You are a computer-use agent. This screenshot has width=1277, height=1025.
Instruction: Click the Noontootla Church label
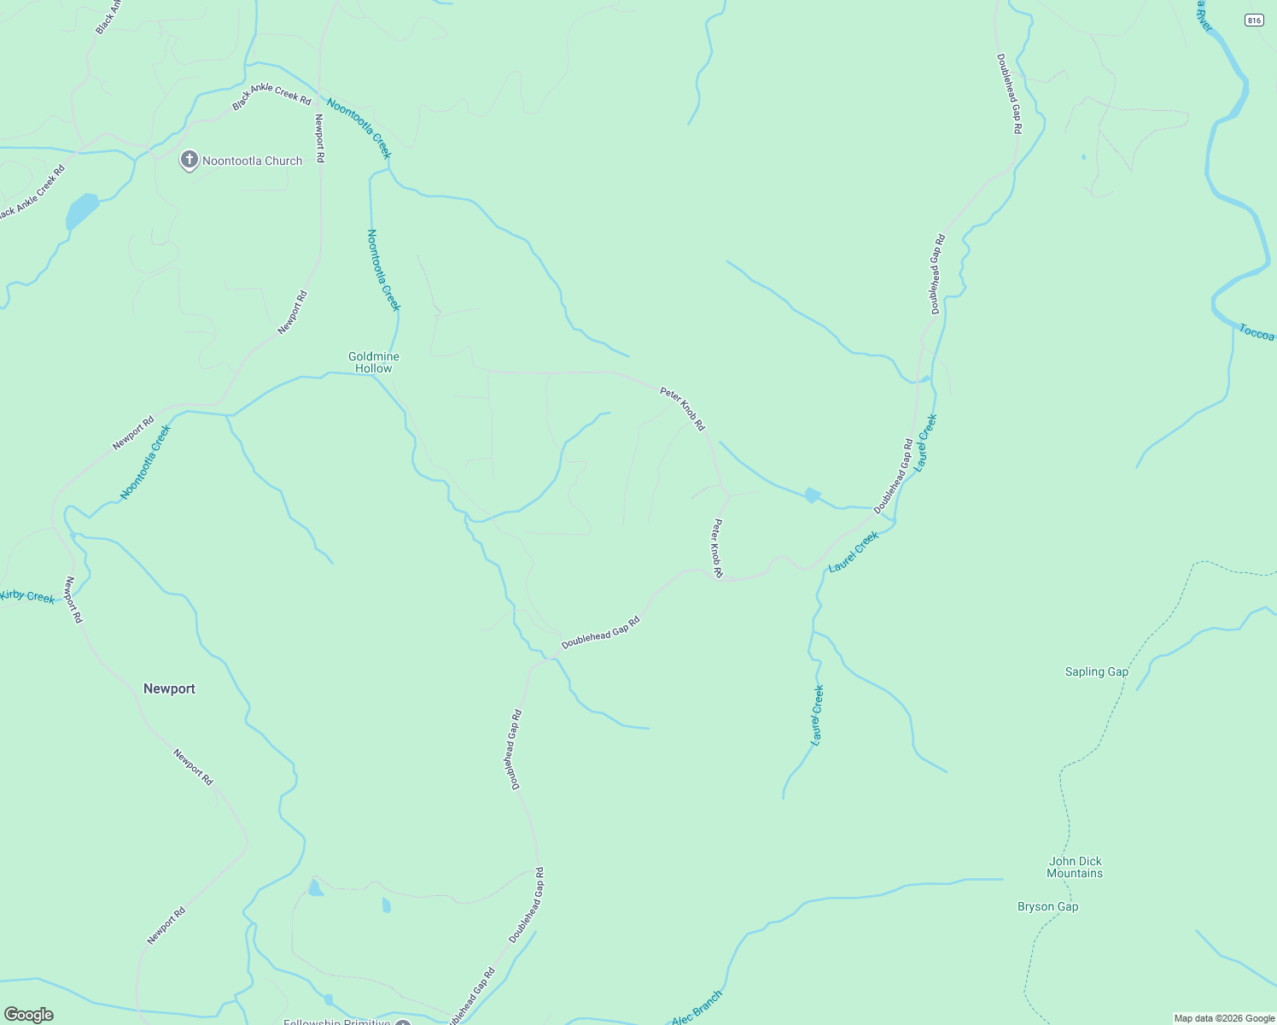(252, 161)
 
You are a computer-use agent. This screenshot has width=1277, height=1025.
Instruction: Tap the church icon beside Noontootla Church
(189, 160)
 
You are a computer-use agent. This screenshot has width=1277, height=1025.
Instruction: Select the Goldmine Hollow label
(374, 362)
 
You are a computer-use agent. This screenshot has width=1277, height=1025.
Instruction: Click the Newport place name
(169, 688)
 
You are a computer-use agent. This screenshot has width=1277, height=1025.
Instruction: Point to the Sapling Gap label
(1097, 671)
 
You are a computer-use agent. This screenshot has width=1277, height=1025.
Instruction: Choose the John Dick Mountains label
(1075, 867)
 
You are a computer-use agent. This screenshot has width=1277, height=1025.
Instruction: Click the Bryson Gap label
(1047, 906)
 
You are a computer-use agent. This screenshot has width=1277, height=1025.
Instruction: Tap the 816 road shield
(1253, 20)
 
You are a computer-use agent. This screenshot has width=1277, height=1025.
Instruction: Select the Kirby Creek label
(27, 595)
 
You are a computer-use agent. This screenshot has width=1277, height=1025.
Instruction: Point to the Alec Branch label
(697, 1009)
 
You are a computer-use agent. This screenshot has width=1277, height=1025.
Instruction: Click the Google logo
(29, 1014)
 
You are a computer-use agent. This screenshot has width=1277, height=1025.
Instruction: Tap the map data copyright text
(1224, 1018)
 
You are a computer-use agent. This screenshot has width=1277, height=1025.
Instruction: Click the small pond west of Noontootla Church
(82, 209)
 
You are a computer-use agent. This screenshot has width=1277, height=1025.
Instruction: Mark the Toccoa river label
(1257, 332)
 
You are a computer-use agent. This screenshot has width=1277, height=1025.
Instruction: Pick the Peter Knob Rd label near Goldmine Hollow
(682, 408)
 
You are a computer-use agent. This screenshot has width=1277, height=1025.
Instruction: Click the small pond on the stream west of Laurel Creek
(812, 495)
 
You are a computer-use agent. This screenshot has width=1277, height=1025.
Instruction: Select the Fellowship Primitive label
(336, 1022)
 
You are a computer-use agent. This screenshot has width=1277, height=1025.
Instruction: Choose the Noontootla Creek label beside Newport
(145, 462)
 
